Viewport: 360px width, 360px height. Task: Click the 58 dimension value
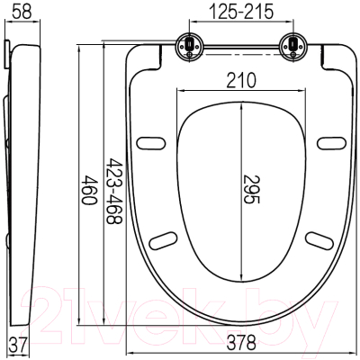22,11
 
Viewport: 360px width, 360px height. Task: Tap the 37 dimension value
18,344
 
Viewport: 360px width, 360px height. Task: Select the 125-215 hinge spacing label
241,12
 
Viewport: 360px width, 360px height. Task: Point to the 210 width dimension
241,80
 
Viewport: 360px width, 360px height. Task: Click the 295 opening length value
251,189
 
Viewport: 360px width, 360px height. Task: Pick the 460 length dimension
89,190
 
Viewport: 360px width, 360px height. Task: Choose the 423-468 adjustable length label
115,192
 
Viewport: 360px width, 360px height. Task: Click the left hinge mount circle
190,47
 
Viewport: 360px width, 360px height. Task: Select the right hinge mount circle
292,47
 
